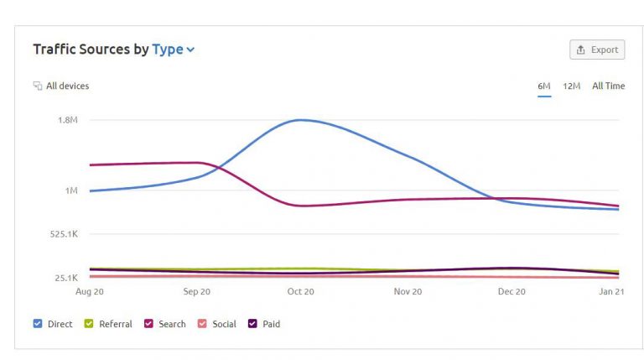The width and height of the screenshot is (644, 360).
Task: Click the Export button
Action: pyautogui.click(x=596, y=50)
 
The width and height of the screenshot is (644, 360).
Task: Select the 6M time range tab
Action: pyautogui.click(x=544, y=86)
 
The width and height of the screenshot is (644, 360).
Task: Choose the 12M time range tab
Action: pyautogui.click(x=572, y=86)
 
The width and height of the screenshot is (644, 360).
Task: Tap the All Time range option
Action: pyautogui.click(x=608, y=86)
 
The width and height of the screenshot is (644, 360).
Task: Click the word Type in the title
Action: pyautogui.click(x=167, y=50)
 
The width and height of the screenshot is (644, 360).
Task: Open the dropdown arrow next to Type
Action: pyautogui.click(x=190, y=50)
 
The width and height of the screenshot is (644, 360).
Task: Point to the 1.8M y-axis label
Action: pyautogui.click(x=67, y=120)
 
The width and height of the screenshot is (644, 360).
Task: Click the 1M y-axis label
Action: pyautogui.click(x=70, y=190)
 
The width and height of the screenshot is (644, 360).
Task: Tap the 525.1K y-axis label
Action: pyautogui.click(x=64, y=234)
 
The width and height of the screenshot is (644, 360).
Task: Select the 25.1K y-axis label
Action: pyautogui.click(x=65, y=278)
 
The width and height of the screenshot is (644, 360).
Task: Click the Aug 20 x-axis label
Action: pyautogui.click(x=90, y=292)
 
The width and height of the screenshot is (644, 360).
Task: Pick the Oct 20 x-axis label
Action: pyautogui.click(x=300, y=292)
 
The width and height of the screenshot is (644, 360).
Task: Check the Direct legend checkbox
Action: pyautogui.click(x=38, y=324)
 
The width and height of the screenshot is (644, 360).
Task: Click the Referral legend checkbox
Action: pyautogui.click(x=88, y=324)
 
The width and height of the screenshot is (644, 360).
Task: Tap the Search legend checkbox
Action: pyautogui.click(x=148, y=324)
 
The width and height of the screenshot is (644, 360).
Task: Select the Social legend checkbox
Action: pyautogui.click(x=202, y=324)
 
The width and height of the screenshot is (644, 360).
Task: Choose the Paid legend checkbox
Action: pyautogui.click(x=252, y=324)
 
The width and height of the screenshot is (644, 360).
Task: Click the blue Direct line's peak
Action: pyautogui.click(x=300, y=120)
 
